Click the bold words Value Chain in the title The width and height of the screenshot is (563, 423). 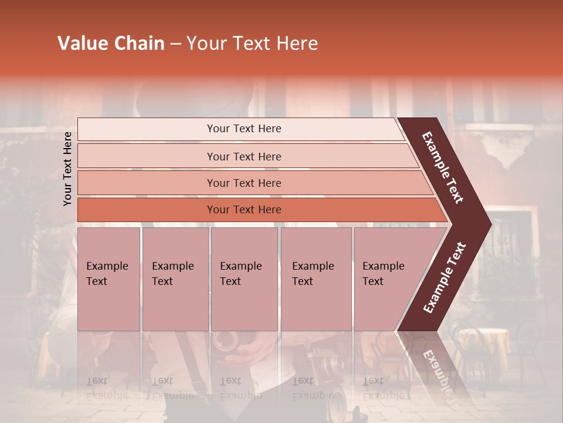point(111,43)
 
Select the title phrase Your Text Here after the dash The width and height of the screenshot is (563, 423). point(252,43)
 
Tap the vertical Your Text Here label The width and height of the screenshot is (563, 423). point(68,169)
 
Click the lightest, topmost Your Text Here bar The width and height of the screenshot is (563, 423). point(243,129)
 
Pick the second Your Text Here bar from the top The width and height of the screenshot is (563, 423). point(243,156)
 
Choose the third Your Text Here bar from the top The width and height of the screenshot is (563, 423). point(243,183)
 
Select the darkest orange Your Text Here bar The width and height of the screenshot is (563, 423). point(243,210)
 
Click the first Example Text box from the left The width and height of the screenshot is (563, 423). point(108,279)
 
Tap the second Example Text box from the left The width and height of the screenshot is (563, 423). point(175,279)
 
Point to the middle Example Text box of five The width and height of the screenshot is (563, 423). point(244,279)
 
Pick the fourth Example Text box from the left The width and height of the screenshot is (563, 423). point(316,279)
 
